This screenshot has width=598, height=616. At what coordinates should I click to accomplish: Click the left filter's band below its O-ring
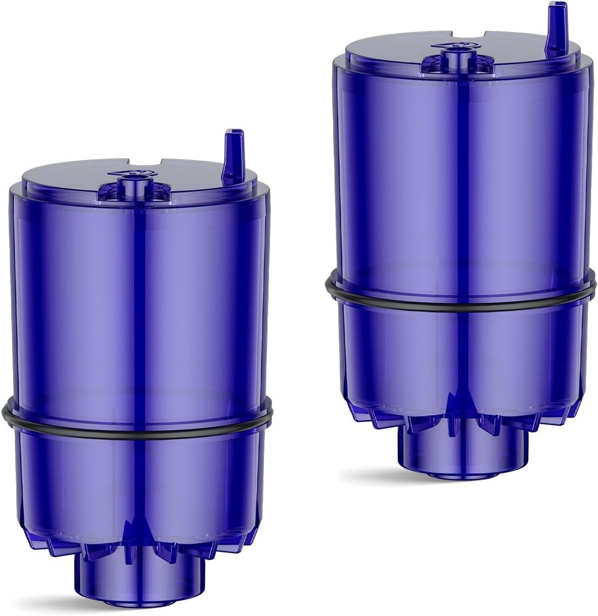click(74, 480)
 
